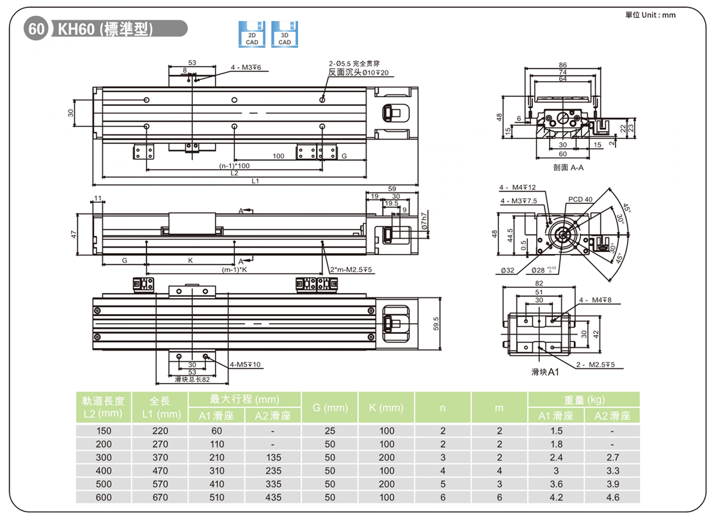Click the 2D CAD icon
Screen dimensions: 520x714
coord(252,35)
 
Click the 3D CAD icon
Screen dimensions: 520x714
coord(284,35)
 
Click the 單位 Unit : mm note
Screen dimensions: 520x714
coord(650,15)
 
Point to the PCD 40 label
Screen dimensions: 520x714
coord(580,200)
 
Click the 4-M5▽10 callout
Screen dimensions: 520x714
coord(245,365)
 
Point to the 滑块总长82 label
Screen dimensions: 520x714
coord(192,379)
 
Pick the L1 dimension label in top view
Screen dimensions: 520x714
coord(255,182)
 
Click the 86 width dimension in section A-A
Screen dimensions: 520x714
coord(562,65)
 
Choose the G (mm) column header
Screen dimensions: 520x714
coord(329,407)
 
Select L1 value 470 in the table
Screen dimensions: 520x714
coord(160,471)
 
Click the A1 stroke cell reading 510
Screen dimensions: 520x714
coord(216,497)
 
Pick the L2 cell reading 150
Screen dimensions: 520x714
coord(104,431)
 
